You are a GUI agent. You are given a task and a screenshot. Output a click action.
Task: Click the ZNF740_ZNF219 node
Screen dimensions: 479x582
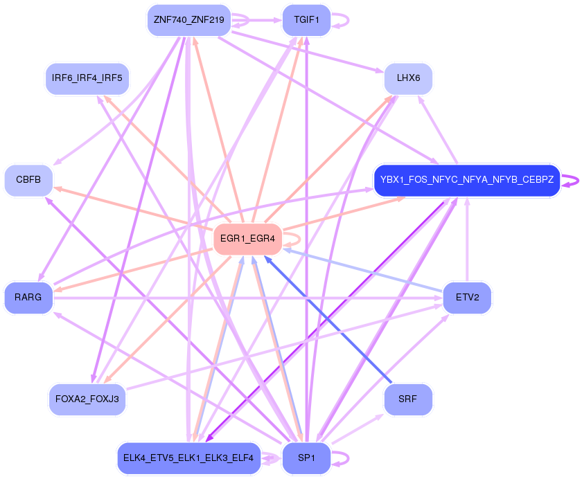coord(188,20)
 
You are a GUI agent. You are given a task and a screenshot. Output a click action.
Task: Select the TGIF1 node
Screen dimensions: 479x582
coord(306,20)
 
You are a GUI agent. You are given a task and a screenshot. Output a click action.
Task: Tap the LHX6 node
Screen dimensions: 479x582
coord(408,78)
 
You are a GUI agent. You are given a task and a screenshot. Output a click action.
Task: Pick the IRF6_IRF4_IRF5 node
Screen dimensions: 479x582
coord(87,78)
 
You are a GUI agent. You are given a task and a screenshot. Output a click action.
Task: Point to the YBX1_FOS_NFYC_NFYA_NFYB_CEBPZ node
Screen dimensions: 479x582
coord(466,180)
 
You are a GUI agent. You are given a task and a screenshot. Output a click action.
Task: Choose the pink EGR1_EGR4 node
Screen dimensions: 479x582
coord(247,239)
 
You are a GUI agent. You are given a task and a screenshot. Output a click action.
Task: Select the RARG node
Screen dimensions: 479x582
coord(28,297)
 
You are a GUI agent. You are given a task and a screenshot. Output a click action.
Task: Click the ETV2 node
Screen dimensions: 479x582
coord(467,297)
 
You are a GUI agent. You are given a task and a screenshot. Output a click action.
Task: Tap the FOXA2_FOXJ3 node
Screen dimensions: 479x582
coord(87,399)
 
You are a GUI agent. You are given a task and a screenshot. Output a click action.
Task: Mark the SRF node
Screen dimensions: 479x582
coord(408,399)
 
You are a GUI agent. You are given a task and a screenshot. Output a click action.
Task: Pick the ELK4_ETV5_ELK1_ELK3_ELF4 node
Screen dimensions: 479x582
coord(188,458)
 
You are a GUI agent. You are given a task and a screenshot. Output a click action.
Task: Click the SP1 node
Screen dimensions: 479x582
coord(306,458)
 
